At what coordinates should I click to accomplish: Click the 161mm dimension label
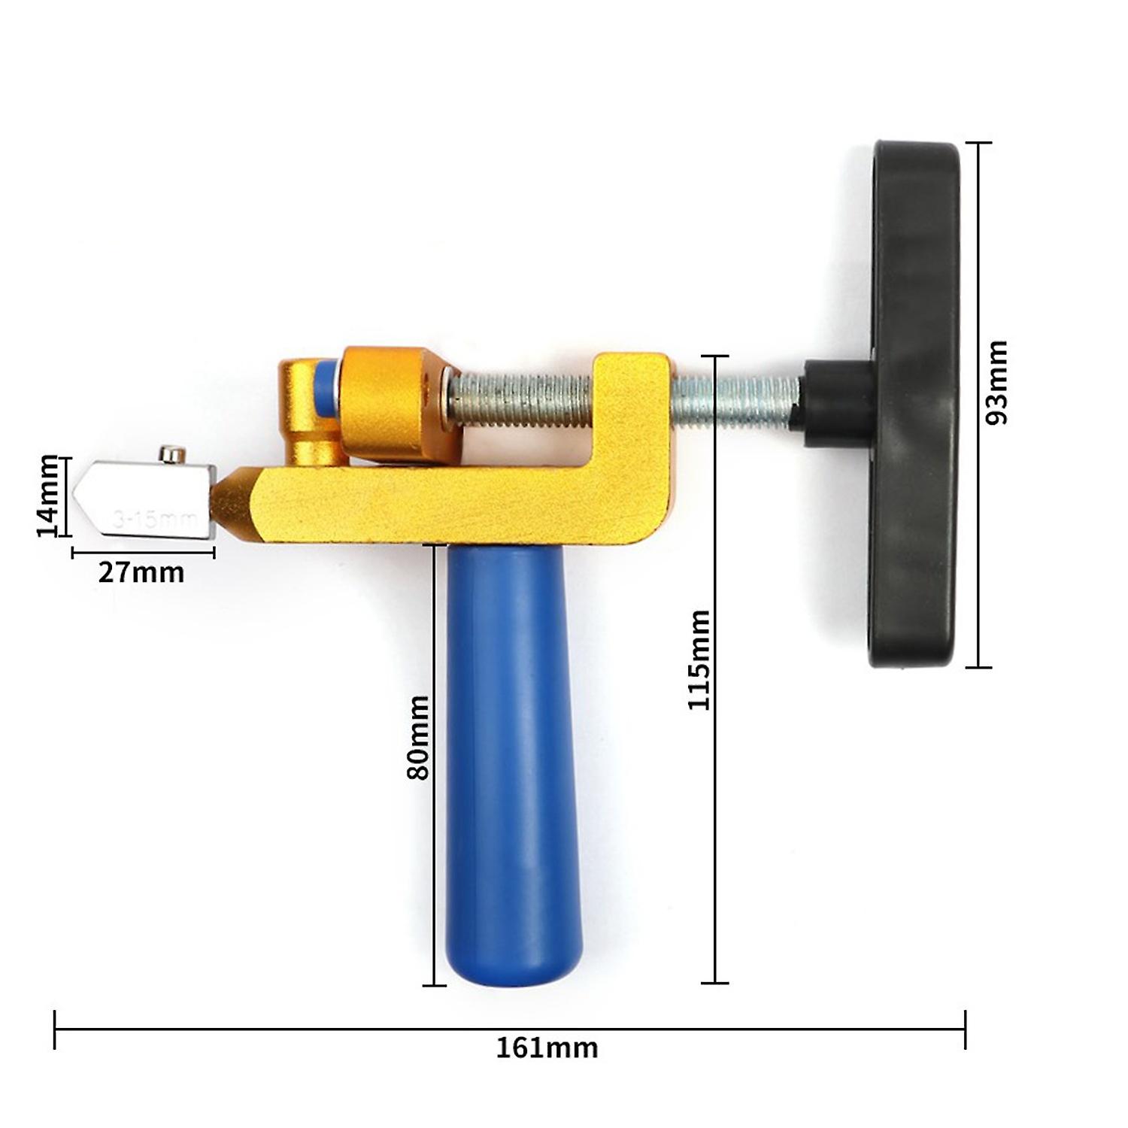[x=547, y=1048]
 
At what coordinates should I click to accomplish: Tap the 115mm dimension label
[x=699, y=660]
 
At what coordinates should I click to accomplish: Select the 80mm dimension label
[x=417, y=737]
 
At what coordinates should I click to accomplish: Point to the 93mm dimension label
[x=996, y=383]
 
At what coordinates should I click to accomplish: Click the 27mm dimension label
[x=141, y=573]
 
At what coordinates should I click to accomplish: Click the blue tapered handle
[x=514, y=752]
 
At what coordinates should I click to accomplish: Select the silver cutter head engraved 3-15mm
[x=150, y=500]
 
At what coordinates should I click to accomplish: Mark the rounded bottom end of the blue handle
[x=514, y=970]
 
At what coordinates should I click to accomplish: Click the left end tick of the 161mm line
[x=55, y=1029]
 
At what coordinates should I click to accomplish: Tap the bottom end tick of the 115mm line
[x=714, y=982]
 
